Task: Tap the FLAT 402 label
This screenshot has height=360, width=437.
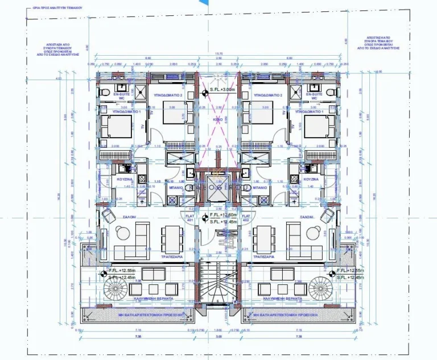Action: tap(246, 218)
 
